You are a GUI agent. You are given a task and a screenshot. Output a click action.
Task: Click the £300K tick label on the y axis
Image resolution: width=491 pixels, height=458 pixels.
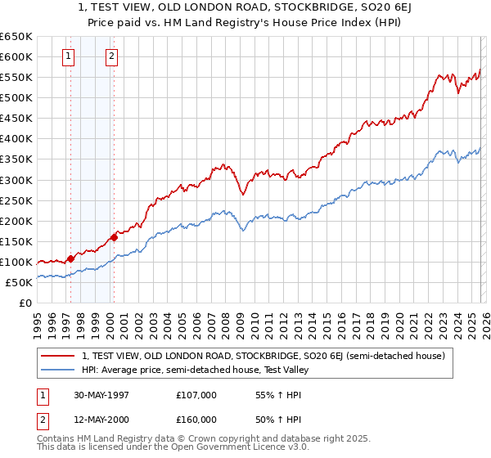[x=16, y=180]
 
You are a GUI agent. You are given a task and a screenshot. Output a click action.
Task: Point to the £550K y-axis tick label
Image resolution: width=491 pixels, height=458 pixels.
[x=16, y=78]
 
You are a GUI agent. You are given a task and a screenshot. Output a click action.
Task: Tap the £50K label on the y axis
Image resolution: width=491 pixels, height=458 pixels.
[x=20, y=282]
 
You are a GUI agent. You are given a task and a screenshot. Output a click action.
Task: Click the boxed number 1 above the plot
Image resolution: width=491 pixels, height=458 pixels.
[x=67, y=56]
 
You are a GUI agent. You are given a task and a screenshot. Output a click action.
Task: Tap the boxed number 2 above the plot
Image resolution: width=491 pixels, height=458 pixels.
[x=110, y=56]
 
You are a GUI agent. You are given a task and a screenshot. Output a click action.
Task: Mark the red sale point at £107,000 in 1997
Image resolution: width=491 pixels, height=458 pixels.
[x=71, y=258]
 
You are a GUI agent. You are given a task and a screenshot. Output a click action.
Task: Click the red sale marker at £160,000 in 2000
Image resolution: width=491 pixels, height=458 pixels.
[x=114, y=237]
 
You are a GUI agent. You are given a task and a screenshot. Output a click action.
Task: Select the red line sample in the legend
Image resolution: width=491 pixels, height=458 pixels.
[x=57, y=356]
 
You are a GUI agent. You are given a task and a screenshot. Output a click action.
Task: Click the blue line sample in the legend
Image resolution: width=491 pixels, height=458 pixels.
[x=57, y=370]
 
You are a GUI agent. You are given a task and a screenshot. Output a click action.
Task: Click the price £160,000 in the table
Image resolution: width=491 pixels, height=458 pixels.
[x=196, y=420]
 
